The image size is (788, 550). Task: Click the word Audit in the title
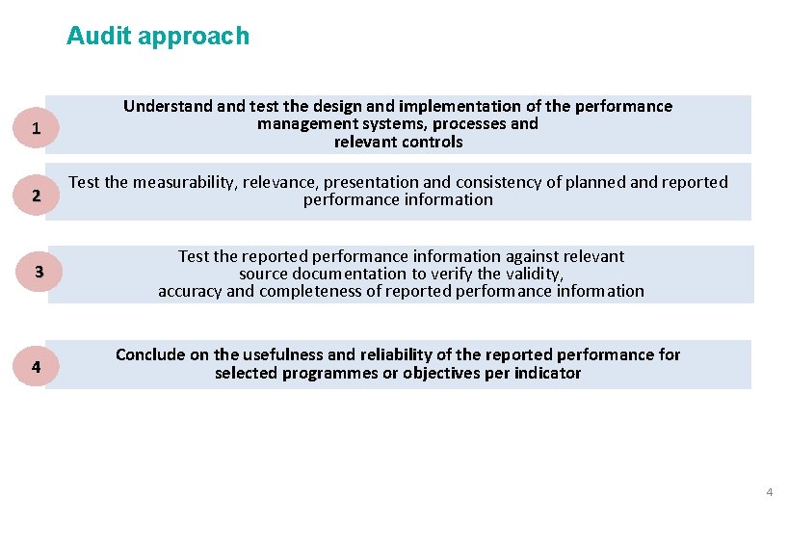[99, 37]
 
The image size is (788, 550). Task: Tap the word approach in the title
[194, 38]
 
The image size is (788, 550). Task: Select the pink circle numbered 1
[36, 128]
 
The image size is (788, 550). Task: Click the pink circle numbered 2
[36, 196]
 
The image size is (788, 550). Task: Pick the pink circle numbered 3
[39, 273]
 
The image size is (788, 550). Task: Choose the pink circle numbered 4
[36, 367]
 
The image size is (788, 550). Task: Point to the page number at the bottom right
[769, 493]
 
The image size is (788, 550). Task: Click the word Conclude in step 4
[149, 354]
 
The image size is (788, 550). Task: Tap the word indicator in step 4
[548, 373]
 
